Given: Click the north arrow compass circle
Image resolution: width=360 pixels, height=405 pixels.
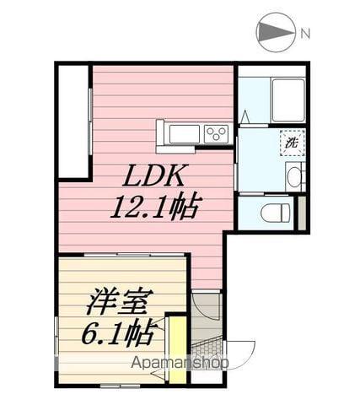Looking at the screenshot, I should (277, 33).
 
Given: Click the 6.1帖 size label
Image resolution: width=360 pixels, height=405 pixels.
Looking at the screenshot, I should (118, 334).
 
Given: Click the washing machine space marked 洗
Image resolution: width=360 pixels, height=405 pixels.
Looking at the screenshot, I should (289, 143).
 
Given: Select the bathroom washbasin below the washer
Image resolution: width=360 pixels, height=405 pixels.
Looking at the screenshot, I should (292, 176).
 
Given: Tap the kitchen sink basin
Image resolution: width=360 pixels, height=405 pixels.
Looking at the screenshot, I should (182, 134).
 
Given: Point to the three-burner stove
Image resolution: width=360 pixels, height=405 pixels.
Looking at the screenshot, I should (215, 133).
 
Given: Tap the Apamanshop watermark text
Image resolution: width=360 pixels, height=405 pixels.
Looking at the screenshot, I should (180, 364).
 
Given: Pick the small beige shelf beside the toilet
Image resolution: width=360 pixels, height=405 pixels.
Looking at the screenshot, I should (302, 212).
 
